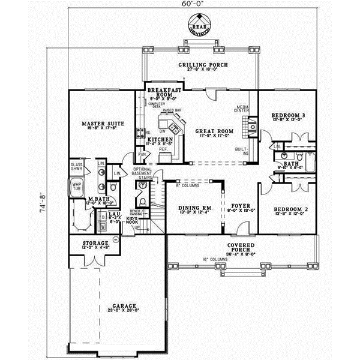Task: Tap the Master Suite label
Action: click(103, 124)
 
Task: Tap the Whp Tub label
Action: click(76, 187)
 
